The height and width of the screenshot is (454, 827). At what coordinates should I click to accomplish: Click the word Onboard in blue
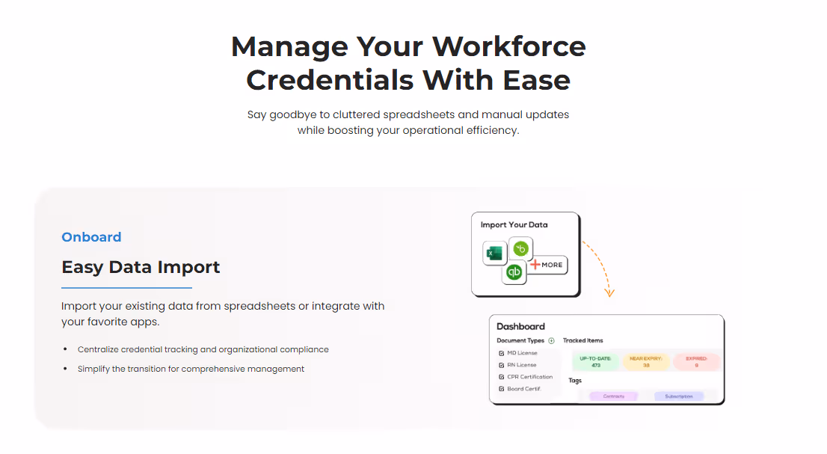(x=91, y=237)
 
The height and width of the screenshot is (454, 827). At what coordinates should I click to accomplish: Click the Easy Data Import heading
(x=141, y=267)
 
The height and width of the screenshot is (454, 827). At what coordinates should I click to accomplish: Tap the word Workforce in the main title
(x=509, y=46)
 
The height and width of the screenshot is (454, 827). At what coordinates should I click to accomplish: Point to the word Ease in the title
(x=537, y=79)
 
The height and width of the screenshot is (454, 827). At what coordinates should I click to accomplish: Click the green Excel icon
(x=494, y=254)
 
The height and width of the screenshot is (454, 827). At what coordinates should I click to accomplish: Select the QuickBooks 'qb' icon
(x=514, y=273)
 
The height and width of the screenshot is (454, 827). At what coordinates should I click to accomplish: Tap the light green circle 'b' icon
(x=521, y=249)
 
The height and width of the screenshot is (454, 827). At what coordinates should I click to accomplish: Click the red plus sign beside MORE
(x=535, y=265)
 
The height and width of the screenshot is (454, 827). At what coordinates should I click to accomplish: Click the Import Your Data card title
(x=514, y=224)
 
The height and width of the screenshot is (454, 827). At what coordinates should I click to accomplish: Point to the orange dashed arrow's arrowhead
(x=609, y=292)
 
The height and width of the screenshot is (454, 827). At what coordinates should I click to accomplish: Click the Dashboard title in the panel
(x=520, y=326)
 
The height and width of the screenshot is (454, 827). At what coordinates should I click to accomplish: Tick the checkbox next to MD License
(x=501, y=353)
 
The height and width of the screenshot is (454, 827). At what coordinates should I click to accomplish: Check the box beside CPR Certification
(x=501, y=377)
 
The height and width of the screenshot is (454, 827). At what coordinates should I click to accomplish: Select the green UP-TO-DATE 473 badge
(x=595, y=362)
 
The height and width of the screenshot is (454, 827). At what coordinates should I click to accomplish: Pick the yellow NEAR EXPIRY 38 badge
(x=645, y=362)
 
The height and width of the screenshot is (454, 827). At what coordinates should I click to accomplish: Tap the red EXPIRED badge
(x=696, y=362)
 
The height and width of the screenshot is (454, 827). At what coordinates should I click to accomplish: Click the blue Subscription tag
(x=679, y=396)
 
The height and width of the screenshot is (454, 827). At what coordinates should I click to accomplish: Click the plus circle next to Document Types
(x=551, y=341)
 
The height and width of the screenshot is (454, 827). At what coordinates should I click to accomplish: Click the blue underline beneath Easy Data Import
(x=126, y=288)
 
